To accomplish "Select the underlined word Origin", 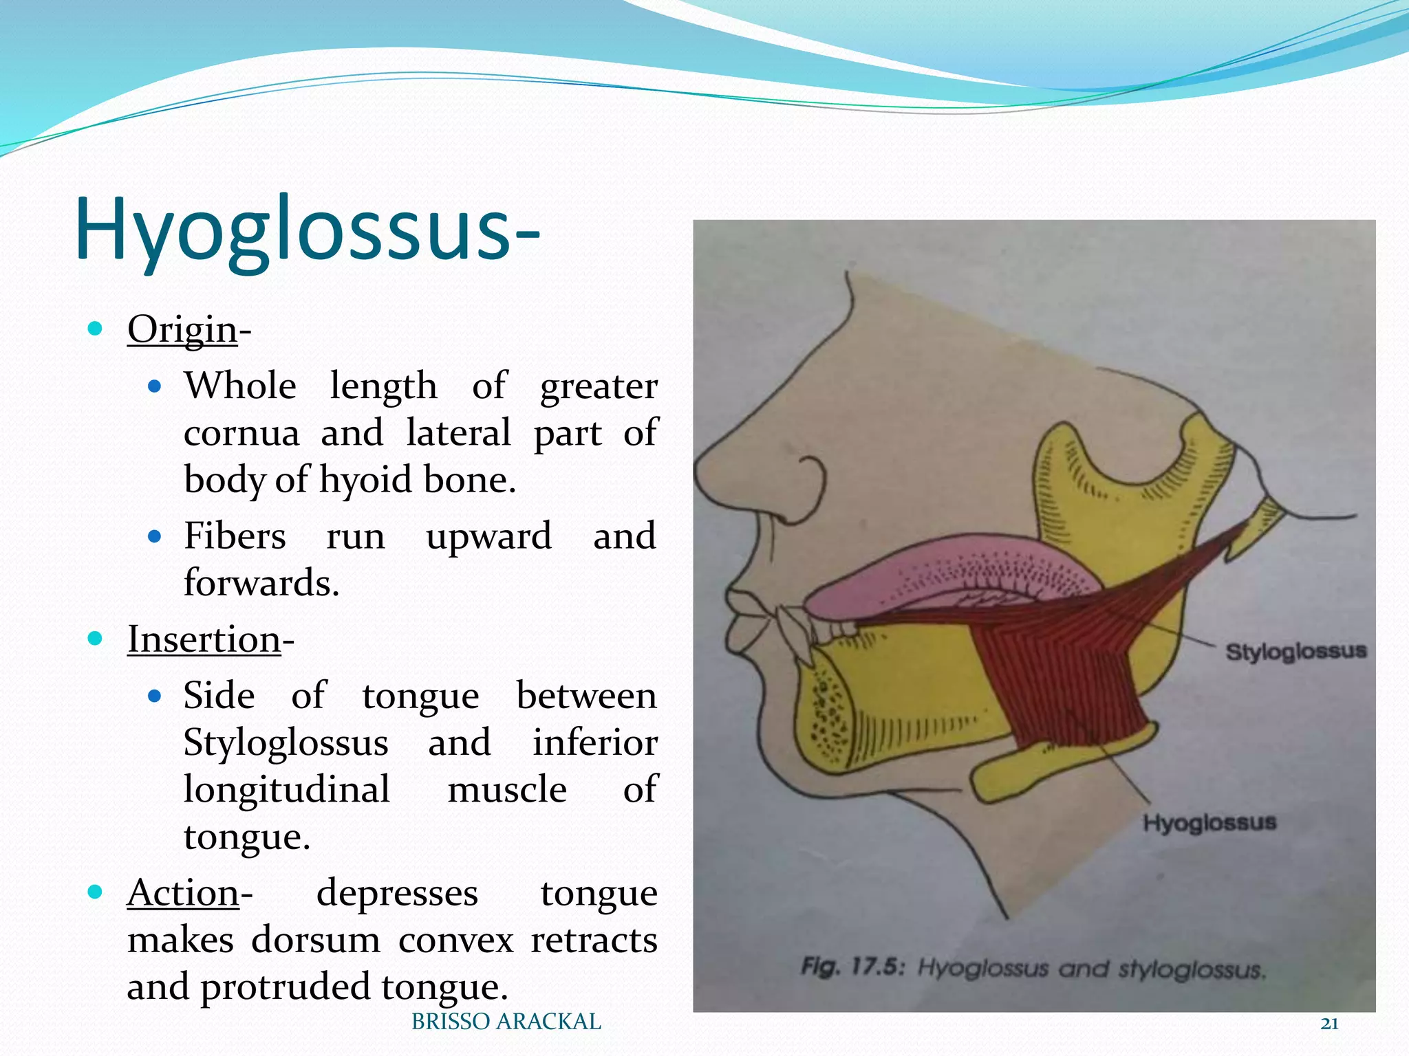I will point(182,329).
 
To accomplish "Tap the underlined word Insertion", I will point(204,639).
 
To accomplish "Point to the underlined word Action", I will point(183,893).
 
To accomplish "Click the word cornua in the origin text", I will point(241,433).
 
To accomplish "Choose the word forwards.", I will point(261,583).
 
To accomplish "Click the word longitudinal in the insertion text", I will point(286,789).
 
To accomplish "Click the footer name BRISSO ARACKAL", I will point(506,1022).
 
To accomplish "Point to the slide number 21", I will point(1329,1024).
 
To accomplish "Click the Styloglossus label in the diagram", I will point(1295,652).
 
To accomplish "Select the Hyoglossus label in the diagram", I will point(1209,823).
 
